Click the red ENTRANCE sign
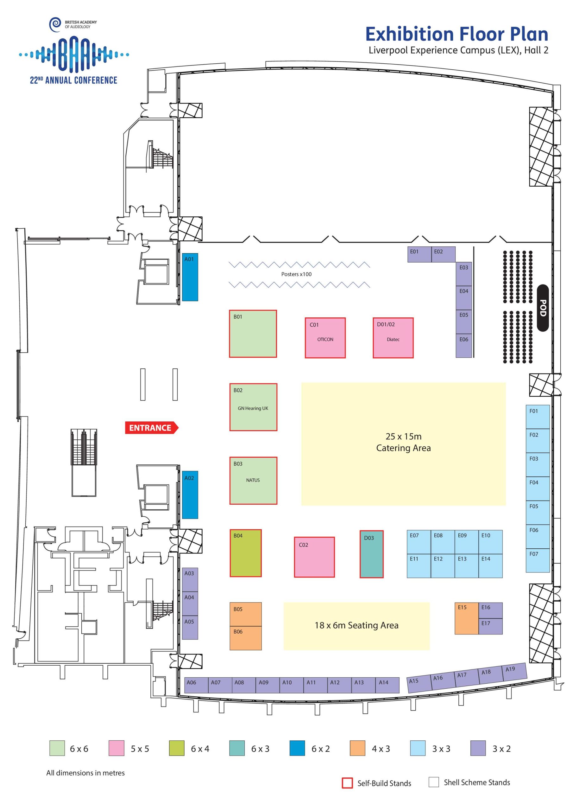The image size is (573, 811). coord(151,428)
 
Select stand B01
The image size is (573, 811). coord(253,334)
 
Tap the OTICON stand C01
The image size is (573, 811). coord(325,338)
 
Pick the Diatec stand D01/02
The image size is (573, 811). coord(393,338)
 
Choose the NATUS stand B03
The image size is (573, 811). coord(253,480)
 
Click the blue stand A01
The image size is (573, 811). coord(190,277)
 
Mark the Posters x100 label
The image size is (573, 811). coord(296,274)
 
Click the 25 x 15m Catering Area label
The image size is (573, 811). coord(403,442)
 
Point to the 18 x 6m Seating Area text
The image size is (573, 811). coord(356,625)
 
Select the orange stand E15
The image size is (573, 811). coord(466,618)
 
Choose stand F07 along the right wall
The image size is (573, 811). coord(537,560)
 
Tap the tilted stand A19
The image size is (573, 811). coord(514,671)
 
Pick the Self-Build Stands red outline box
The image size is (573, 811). coord(347,783)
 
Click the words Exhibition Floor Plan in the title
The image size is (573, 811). coord(456,34)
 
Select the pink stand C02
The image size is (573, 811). coord(314,557)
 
